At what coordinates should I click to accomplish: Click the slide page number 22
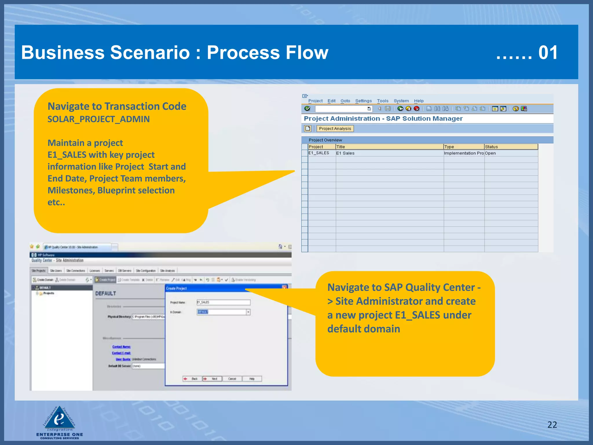pos(552,424)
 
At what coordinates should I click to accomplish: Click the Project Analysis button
pos(335,129)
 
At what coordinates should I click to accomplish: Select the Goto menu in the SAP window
pos(345,101)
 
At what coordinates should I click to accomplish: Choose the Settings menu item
pos(363,101)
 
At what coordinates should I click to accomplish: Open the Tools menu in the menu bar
pos(382,101)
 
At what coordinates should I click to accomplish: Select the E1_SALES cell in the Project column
pos(319,153)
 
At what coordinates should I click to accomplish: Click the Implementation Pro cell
pos(464,153)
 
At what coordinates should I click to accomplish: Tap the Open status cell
pos(490,153)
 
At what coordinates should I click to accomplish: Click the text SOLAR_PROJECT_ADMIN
pos(98,119)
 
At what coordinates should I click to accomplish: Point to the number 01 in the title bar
pos(548,53)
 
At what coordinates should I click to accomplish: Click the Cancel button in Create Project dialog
pos(232,379)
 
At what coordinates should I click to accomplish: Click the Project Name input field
pos(223,302)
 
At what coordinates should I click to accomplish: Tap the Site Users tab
pos(56,271)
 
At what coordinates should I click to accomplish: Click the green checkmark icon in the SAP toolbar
pos(307,109)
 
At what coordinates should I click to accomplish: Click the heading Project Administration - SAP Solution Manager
pos(383,118)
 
